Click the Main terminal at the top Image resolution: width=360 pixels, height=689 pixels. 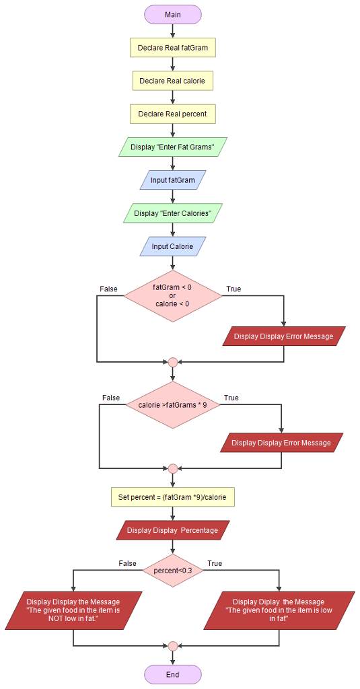click(x=172, y=14)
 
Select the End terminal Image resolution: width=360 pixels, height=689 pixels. click(x=172, y=674)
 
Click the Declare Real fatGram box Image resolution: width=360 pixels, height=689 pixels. click(x=172, y=48)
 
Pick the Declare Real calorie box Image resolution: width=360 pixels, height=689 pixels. click(x=172, y=81)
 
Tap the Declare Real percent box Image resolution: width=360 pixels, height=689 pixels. click(x=172, y=114)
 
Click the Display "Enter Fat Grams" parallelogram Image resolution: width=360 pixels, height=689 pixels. click(x=172, y=147)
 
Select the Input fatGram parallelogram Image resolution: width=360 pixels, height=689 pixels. click(x=172, y=180)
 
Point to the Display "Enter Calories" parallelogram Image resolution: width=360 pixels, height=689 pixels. click(x=172, y=213)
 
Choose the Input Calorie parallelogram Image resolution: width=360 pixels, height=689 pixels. click(x=172, y=246)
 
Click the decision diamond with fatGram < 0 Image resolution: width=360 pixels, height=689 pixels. click(x=172, y=295)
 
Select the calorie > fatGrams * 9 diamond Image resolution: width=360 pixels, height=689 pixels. click(x=172, y=404)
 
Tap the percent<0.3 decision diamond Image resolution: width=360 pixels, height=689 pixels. click(x=172, y=571)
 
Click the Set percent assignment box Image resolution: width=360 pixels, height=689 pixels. click(x=172, y=497)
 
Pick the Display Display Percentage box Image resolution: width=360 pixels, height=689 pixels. click(x=172, y=530)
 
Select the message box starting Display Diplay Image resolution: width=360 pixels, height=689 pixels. click(x=279, y=610)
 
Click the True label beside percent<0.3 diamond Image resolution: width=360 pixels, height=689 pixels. click(x=215, y=563)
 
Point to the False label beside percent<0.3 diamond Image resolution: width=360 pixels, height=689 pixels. click(x=127, y=563)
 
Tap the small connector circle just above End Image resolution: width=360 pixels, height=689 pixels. click(x=172, y=646)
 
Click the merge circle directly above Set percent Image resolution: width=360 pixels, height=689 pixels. click(x=172, y=468)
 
